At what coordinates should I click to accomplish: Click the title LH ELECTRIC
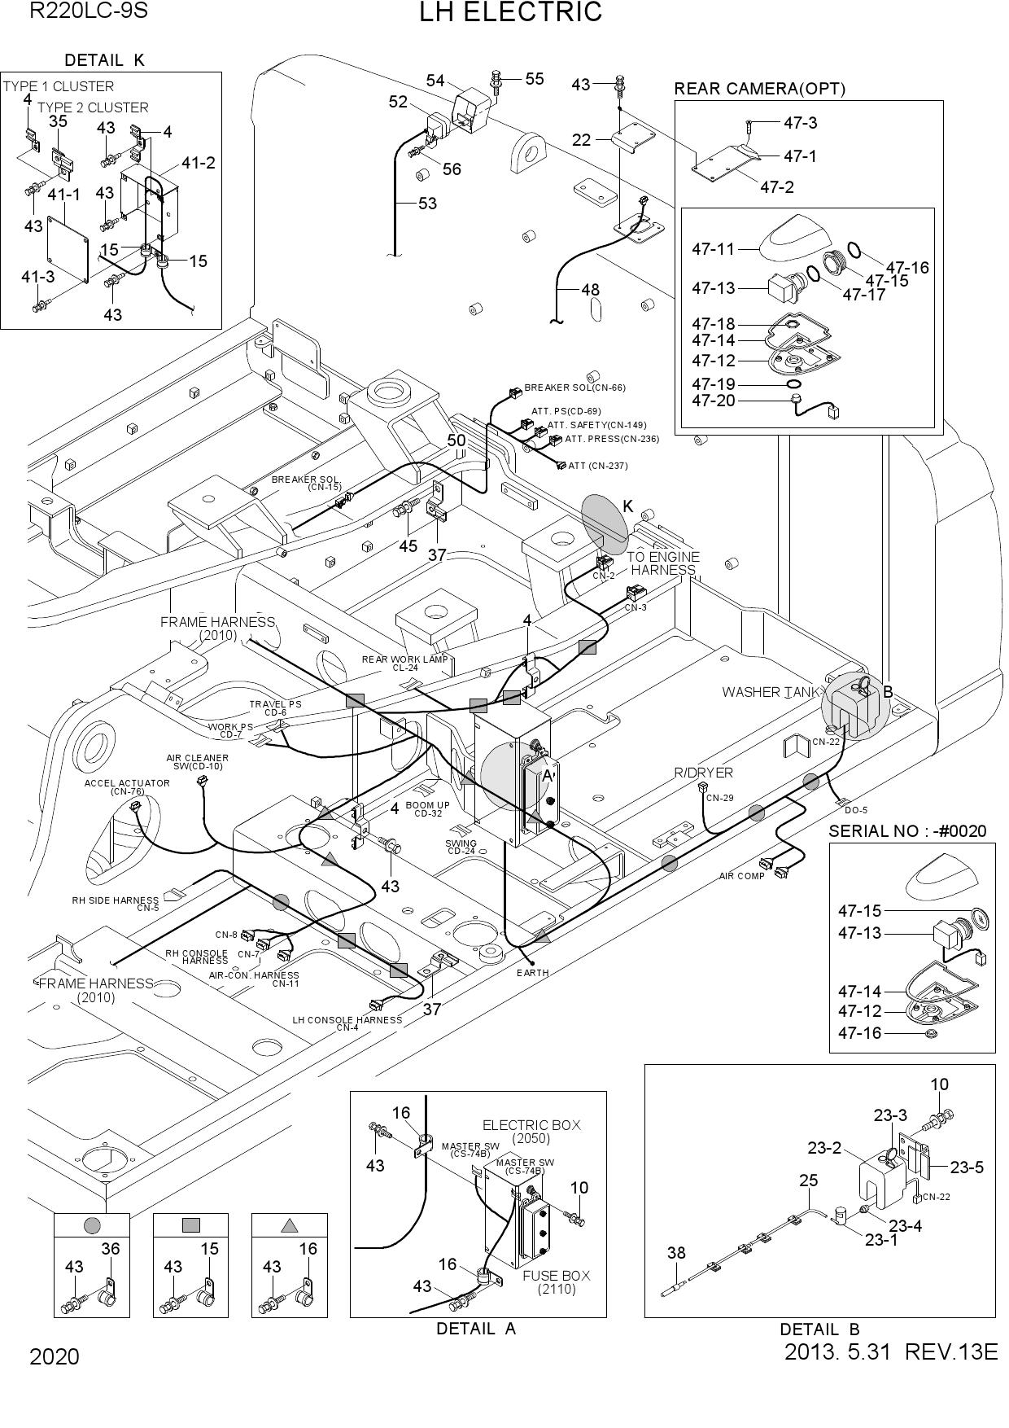(x=510, y=12)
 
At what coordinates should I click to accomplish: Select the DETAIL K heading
(x=104, y=60)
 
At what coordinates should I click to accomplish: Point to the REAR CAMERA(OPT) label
(x=760, y=89)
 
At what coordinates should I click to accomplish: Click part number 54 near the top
(x=435, y=81)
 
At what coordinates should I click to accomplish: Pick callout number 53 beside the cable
(x=428, y=204)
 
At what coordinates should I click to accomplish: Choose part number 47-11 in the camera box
(x=713, y=249)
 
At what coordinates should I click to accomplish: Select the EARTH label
(x=533, y=973)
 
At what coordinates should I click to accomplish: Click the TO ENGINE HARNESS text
(x=663, y=563)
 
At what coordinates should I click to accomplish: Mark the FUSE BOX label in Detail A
(x=557, y=1276)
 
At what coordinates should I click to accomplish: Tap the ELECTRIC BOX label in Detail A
(x=532, y=1125)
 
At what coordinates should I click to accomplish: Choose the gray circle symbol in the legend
(x=92, y=1224)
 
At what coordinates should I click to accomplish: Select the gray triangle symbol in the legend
(x=290, y=1224)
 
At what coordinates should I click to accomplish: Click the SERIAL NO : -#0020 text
(x=907, y=831)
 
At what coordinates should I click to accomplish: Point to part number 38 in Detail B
(x=676, y=1253)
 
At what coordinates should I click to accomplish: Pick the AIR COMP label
(x=742, y=876)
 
